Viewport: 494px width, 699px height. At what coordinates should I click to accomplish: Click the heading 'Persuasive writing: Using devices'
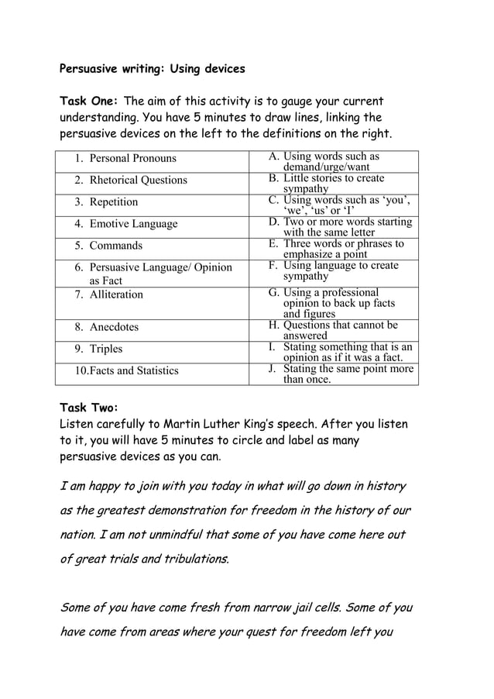point(152,69)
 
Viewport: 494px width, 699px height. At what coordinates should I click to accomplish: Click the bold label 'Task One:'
point(90,102)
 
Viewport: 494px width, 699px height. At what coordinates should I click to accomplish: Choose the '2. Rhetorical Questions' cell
point(131,180)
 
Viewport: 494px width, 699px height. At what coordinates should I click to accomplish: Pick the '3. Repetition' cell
point(106,202)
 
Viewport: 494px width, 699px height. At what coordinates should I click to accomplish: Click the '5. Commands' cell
point(108,246)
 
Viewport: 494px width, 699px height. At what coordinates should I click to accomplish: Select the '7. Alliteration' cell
point(109,294)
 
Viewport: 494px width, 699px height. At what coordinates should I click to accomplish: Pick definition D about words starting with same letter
point(341,226)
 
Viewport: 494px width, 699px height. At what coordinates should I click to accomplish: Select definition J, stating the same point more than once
point(341,374)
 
